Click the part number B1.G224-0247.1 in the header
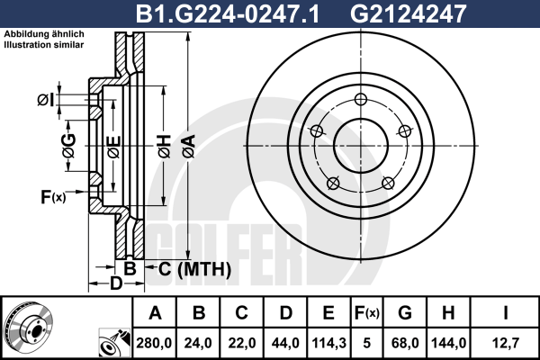pyautogui.click(x=228, y=13)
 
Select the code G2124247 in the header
pyautogui.click(x=408, y=13)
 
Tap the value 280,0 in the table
pyautogui.click(x=154, y=343)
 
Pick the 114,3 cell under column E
pyautogui.click(x=328, y=343)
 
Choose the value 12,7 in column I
pyautogui.click(x=506, y=343)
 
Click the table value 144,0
pyautogui.click(x=449, y=343)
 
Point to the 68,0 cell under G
pyautogui.click(x=405, y=343)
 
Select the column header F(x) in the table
pyautogui.click(x=367, y=313)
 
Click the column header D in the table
pyautogui.click(x=286, y=313)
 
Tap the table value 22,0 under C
pyautogui.click(x=242, y=343)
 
